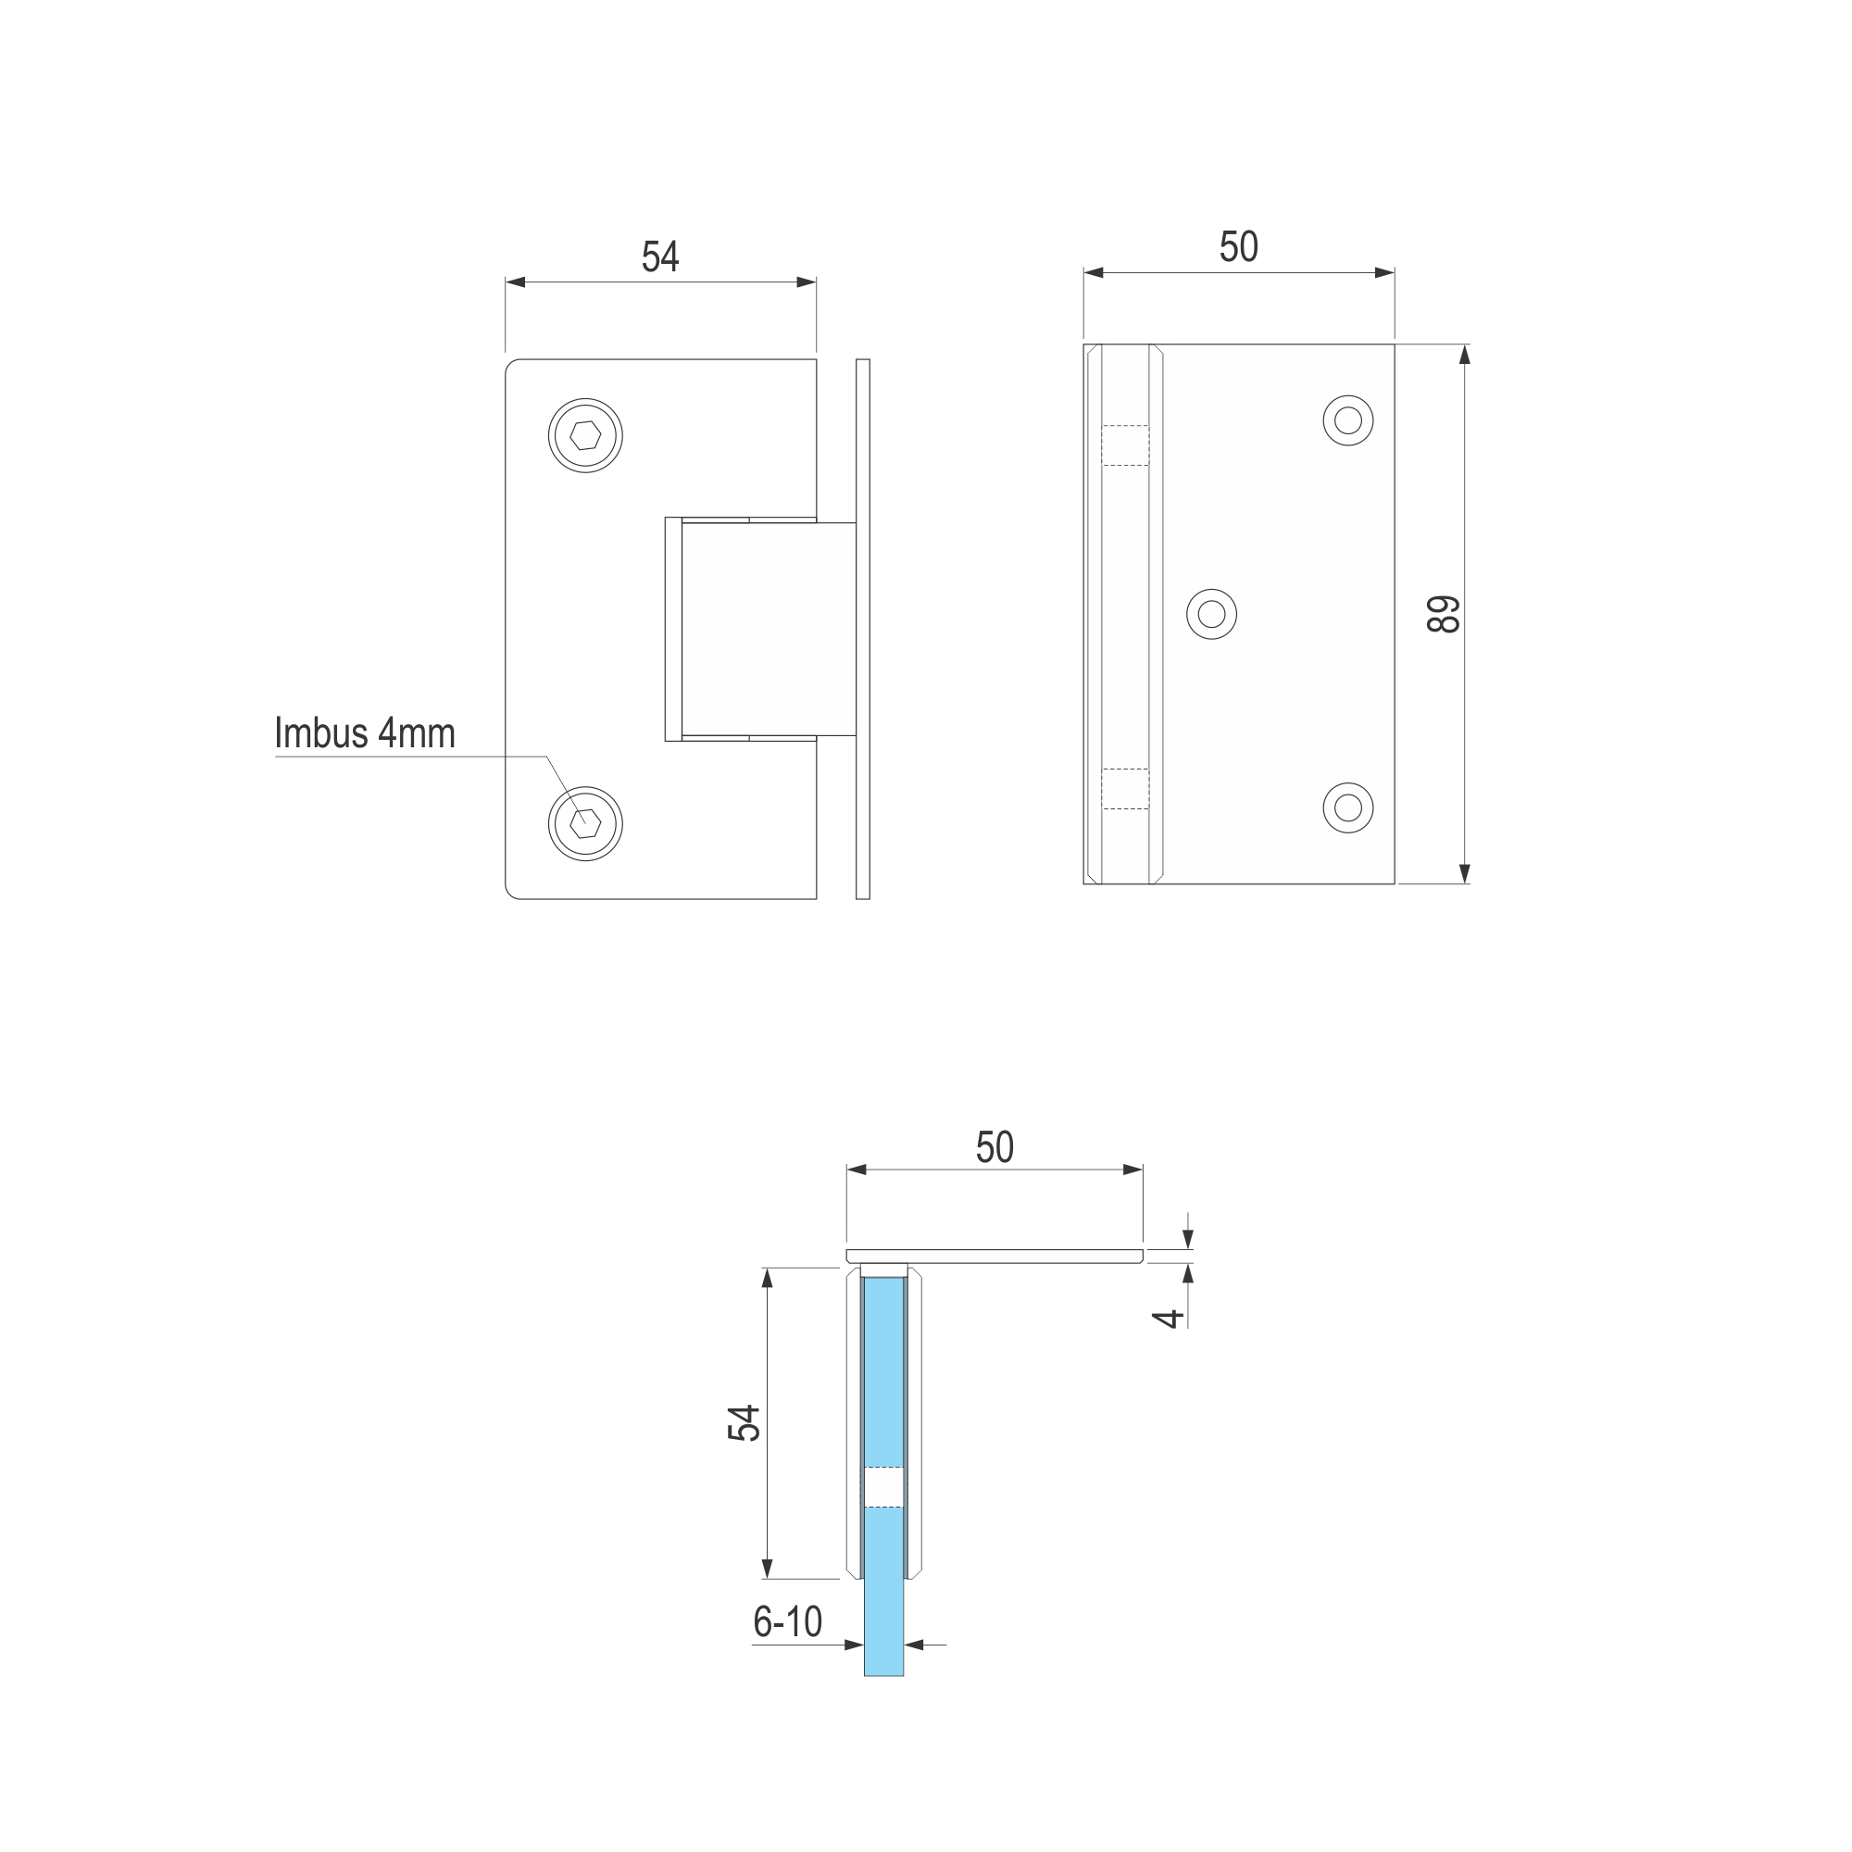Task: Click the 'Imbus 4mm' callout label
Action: pyautogui.click(x=364, y=733)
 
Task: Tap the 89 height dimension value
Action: pyautogui.click(x=1444, y=615)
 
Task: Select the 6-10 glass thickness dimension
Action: pyautogui.click(x=787, y=1622)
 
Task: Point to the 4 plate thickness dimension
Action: pyautogui.click(x=1169, y=1319)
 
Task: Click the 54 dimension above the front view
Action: pyautogui.click(x=660, y=257)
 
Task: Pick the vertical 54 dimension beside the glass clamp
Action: pyautogui.click(x=744, y=1423)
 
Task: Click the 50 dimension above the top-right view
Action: pyautogui.click(x=1238, y=247)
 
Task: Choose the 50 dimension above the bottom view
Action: pyautogui.click(x=995, y=1147)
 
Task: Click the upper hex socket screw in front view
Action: pyautogui.click(x=586, y=435)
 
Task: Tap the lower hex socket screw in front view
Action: pyautogui.click(x=586, y=823)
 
